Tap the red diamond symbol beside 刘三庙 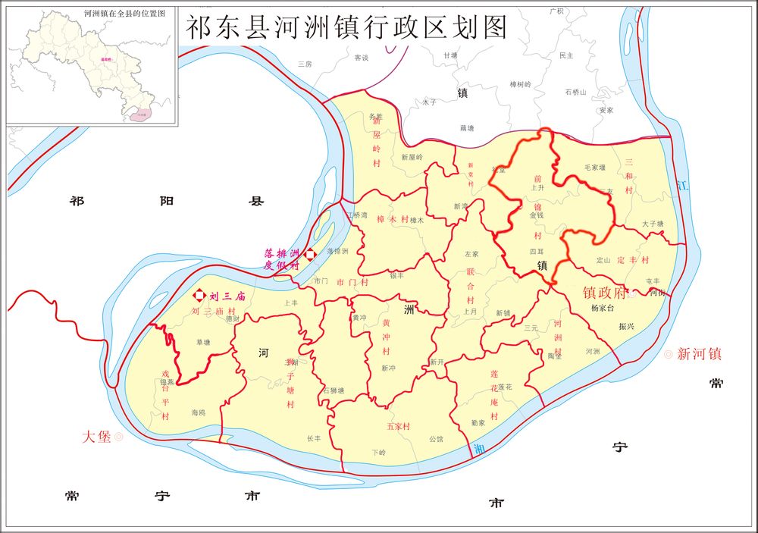point(199,296)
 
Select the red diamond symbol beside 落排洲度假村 point(309,255)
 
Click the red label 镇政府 point(605,292)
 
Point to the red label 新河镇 point(699,353)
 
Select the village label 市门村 point(352,282)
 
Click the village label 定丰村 point(634,260)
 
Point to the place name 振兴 point(626,326)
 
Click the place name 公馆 point(436,439)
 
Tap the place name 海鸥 point(199,412)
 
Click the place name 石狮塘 point(334,390)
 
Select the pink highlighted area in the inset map point(139,114)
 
